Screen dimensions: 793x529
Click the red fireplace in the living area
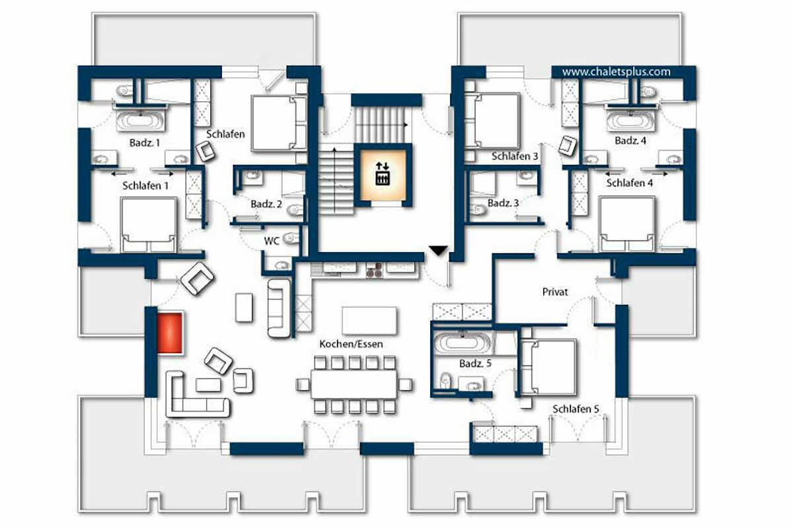click(x=170, y=333)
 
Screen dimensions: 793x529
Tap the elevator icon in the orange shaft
click(x=383, y=174)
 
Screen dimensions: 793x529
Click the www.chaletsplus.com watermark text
click(x=616, y=72)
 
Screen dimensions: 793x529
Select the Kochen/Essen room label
click(x=351, y=344)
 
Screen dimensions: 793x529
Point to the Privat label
click(x=554, y=292)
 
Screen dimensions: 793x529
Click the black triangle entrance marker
click(x=438, y=251)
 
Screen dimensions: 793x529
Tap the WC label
click(x=272, y=241)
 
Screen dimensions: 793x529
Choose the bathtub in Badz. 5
click(x=463, y=343)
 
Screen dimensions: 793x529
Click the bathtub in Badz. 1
click(x=141, y=120)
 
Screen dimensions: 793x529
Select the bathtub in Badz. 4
click(x=630, y=120)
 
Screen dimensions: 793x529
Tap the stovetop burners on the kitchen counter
click(x=374, y=270)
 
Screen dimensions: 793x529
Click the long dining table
click(x=354, y=384)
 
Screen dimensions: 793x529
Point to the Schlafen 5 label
click(x=576, y=409)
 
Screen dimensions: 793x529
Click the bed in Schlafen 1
click(x=148, y=225)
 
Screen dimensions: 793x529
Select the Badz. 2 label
click(x=266, y=204)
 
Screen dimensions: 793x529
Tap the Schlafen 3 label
click(x=515, y=156)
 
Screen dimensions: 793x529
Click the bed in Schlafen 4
click(x=627, y=224)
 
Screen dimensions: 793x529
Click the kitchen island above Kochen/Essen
click(x=369, y=320)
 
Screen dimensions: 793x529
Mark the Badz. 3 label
click(x=503, y=203)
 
